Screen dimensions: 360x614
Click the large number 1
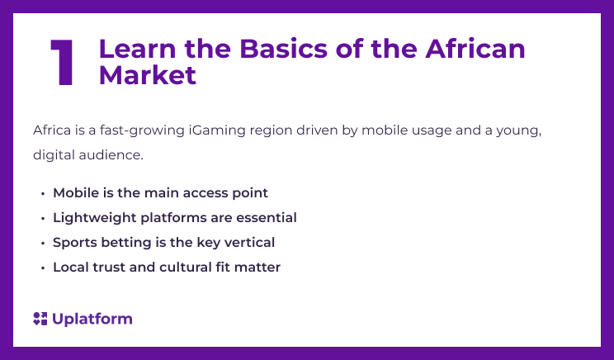coord(62,63)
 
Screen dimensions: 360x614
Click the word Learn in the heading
coord(133,49)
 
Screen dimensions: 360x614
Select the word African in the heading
coord(475,49)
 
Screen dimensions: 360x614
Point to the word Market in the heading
coord(148,75)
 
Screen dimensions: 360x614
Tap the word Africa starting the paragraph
coord(51,130)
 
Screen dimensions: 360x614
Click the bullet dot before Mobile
coord(42,193)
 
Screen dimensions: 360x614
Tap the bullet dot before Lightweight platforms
coord(42,218)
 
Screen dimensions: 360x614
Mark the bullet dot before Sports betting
coord(42,243)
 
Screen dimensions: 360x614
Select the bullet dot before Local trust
coord(42,268)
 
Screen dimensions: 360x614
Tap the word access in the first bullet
coord(203,193)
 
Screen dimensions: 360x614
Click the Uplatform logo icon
coord(40,319)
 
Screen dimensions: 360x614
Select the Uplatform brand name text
coord(92,319)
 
